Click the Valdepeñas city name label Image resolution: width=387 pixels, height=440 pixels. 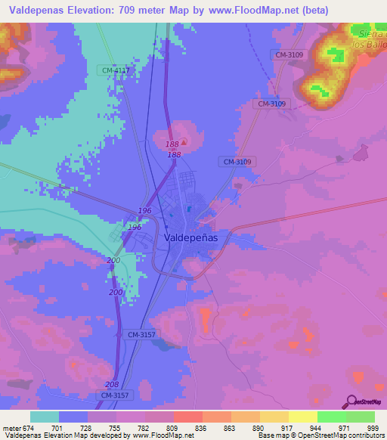[x=190, y=237]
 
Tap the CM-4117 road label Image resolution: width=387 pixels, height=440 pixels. [x=115, y=70]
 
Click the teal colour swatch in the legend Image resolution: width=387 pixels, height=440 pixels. [x=45, y=417]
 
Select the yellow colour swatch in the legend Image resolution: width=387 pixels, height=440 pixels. [x=303, y=417]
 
